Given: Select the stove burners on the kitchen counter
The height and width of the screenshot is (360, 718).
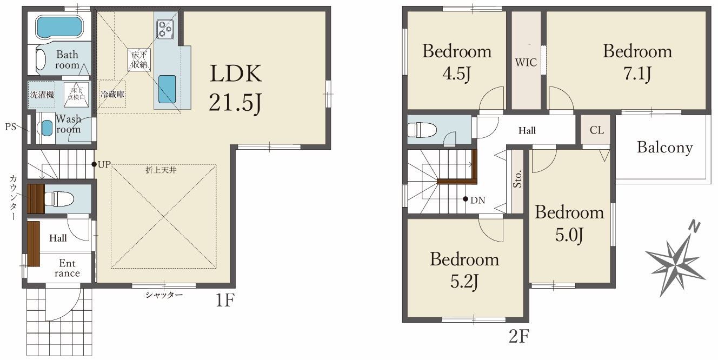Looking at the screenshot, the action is click(165, 29).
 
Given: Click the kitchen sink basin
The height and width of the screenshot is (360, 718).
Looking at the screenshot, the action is click(167, 89).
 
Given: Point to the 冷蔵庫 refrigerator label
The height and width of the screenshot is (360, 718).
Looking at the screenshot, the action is click(112, 94).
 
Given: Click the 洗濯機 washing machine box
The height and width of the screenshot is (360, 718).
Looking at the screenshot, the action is click(42, 95).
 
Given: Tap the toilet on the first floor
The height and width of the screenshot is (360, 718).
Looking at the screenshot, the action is click(58, 198).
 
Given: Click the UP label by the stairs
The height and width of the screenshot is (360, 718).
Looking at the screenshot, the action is click(104, 164).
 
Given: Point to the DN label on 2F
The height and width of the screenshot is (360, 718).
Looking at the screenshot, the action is click(477, 201).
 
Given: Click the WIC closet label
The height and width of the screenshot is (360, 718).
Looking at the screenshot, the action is click(526, 62).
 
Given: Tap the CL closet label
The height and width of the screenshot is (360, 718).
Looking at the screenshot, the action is click(596, 130).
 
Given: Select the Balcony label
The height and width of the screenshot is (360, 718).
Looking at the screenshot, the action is click(664, 148).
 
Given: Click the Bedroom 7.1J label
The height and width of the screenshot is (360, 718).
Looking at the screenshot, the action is click(637, 63).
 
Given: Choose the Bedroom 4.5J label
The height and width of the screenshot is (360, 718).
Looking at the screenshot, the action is click(457, 63).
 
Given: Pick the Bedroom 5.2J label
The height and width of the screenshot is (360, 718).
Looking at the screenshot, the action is click(464, 271).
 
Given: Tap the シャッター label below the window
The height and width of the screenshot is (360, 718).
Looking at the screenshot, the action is click(164, 295).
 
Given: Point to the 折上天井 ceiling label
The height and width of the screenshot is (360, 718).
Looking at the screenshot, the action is click(161, 170).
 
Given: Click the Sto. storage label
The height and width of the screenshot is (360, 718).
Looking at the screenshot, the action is click(517, 178).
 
